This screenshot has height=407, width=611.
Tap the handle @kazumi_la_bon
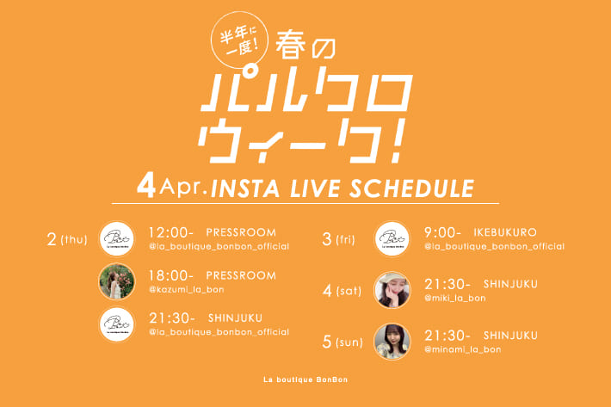click(x=187, y=289)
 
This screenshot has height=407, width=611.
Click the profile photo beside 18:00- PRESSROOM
click(x=116, y=281)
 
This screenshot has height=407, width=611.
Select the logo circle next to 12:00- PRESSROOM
click(x=116, y=238)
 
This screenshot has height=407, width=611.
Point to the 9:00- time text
click(x=444, y=233)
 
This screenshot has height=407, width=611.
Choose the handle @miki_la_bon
click(x=455, y=298)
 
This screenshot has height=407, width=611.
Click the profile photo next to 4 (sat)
click(x=392, y=290)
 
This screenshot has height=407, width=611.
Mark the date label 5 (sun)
click(x=343, y=342)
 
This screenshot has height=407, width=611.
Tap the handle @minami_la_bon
click(x=462, y=348)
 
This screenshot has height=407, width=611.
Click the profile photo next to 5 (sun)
click(x=392, y=342)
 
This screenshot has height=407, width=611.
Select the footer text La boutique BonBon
click(x=305, y=379)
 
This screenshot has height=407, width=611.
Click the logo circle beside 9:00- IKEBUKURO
click(x=392, y=238)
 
